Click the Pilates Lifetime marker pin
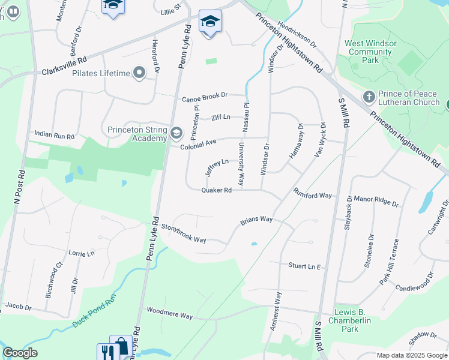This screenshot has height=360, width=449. coord(140,74)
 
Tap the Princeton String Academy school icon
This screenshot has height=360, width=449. coord(176,133)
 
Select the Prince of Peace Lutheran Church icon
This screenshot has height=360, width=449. coord(369,97)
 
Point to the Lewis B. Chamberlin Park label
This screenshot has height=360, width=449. coord(355,321)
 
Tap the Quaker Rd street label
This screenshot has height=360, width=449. coord(216,190)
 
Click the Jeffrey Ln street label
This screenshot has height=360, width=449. coord(217,167)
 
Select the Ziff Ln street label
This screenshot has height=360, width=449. coord(220,117)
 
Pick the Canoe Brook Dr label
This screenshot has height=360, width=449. coord(205,95)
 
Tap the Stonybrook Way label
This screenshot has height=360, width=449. coord(184,233)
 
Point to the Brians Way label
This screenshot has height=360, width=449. coord(256,220)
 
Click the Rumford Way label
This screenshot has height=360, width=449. coord(313,194)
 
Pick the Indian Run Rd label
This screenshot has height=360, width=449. coord(54,136)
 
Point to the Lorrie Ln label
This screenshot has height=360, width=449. coord(82,253)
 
